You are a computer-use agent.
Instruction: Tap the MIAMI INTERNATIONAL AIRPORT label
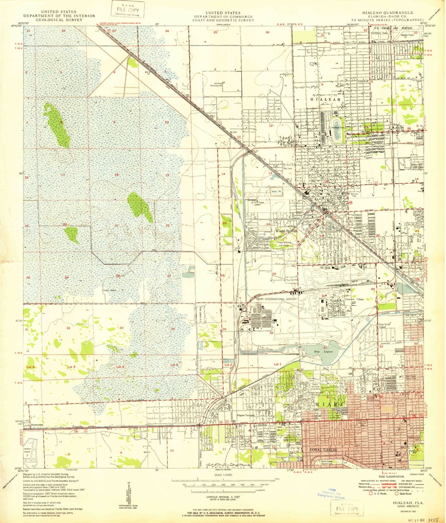click(276, 299)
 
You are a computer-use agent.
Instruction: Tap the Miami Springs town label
click(286, 231)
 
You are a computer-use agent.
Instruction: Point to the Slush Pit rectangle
click(277, 192)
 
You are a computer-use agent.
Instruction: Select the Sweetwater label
click(37, 425)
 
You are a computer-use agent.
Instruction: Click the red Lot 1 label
click(278, 364)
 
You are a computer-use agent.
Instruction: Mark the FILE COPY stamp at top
click(128, 10)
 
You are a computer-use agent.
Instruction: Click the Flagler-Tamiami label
click(246, 415)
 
